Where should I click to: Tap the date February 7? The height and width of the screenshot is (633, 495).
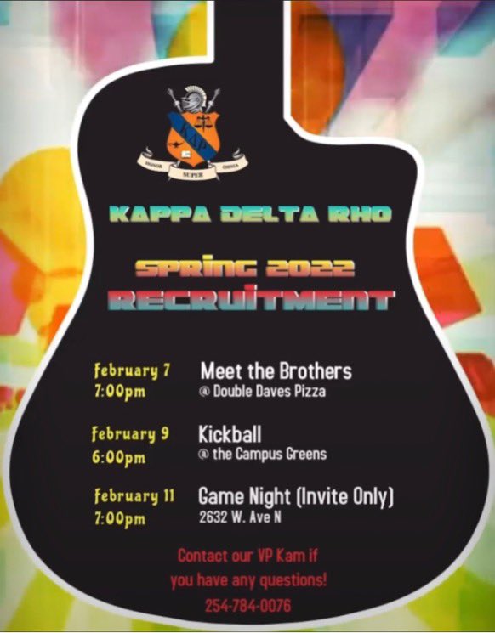click(132, 371)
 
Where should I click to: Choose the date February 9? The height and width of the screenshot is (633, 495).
click(130, 434)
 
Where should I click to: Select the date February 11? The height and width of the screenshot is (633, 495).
click(134, 496)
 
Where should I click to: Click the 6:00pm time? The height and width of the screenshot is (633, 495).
click(118, 457)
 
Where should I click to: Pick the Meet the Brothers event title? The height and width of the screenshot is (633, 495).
click(276, 371)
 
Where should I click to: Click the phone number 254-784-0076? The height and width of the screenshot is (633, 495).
click(247, 606)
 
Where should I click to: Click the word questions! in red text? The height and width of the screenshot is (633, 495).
click(293, 581)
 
